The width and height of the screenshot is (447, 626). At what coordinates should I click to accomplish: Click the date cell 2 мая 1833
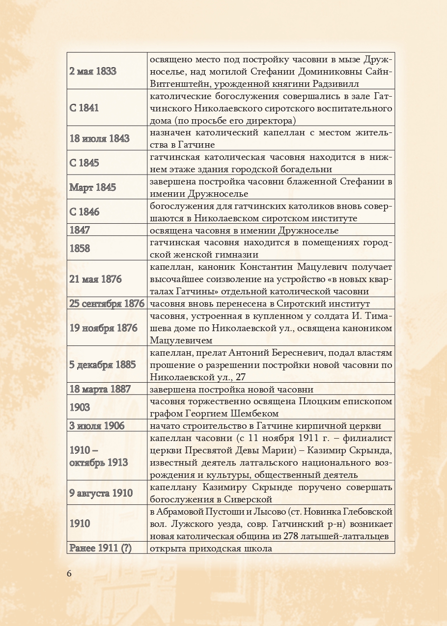click(x=93, y=71)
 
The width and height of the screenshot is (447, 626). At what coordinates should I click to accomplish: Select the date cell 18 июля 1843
click(x=99, y=138)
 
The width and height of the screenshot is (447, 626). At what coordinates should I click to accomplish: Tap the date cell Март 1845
click(x=92, y=187)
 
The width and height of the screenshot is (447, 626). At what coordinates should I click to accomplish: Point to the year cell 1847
click(x=80, y=230)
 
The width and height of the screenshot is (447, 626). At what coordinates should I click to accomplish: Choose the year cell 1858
click(x=80, y=248)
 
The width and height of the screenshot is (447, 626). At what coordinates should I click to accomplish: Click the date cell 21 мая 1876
click(x=95, y=279)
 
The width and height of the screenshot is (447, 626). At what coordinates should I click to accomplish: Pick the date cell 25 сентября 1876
click(x=107, y=304)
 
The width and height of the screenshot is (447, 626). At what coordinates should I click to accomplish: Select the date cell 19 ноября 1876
click(x=103, y=328)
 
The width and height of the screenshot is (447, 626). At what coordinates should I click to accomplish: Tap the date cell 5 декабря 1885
click(x=102, y=365)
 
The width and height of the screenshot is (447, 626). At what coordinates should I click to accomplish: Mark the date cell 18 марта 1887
click(x=100, y=389)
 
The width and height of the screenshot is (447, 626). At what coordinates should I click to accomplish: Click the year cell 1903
click(x=80, y=407)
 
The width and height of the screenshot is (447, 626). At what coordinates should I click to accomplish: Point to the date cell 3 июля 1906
click(x=97, y=425)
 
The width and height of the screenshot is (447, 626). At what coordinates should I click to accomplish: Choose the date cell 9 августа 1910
click(x=101, y=493)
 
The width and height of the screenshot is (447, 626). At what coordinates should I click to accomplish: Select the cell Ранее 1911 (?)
click(x=101, y=548)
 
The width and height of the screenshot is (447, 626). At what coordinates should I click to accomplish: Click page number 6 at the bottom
click(x=69, y=574)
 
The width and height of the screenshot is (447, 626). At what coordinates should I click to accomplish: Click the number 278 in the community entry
click(x=292, y=536)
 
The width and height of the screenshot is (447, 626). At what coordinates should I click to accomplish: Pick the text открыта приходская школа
click(x=211, y=548)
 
